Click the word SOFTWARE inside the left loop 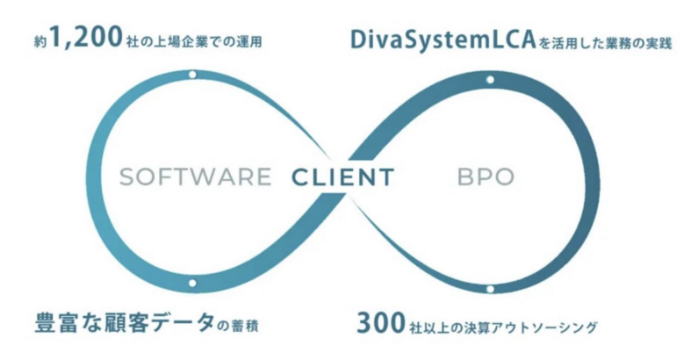[195, 176]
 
